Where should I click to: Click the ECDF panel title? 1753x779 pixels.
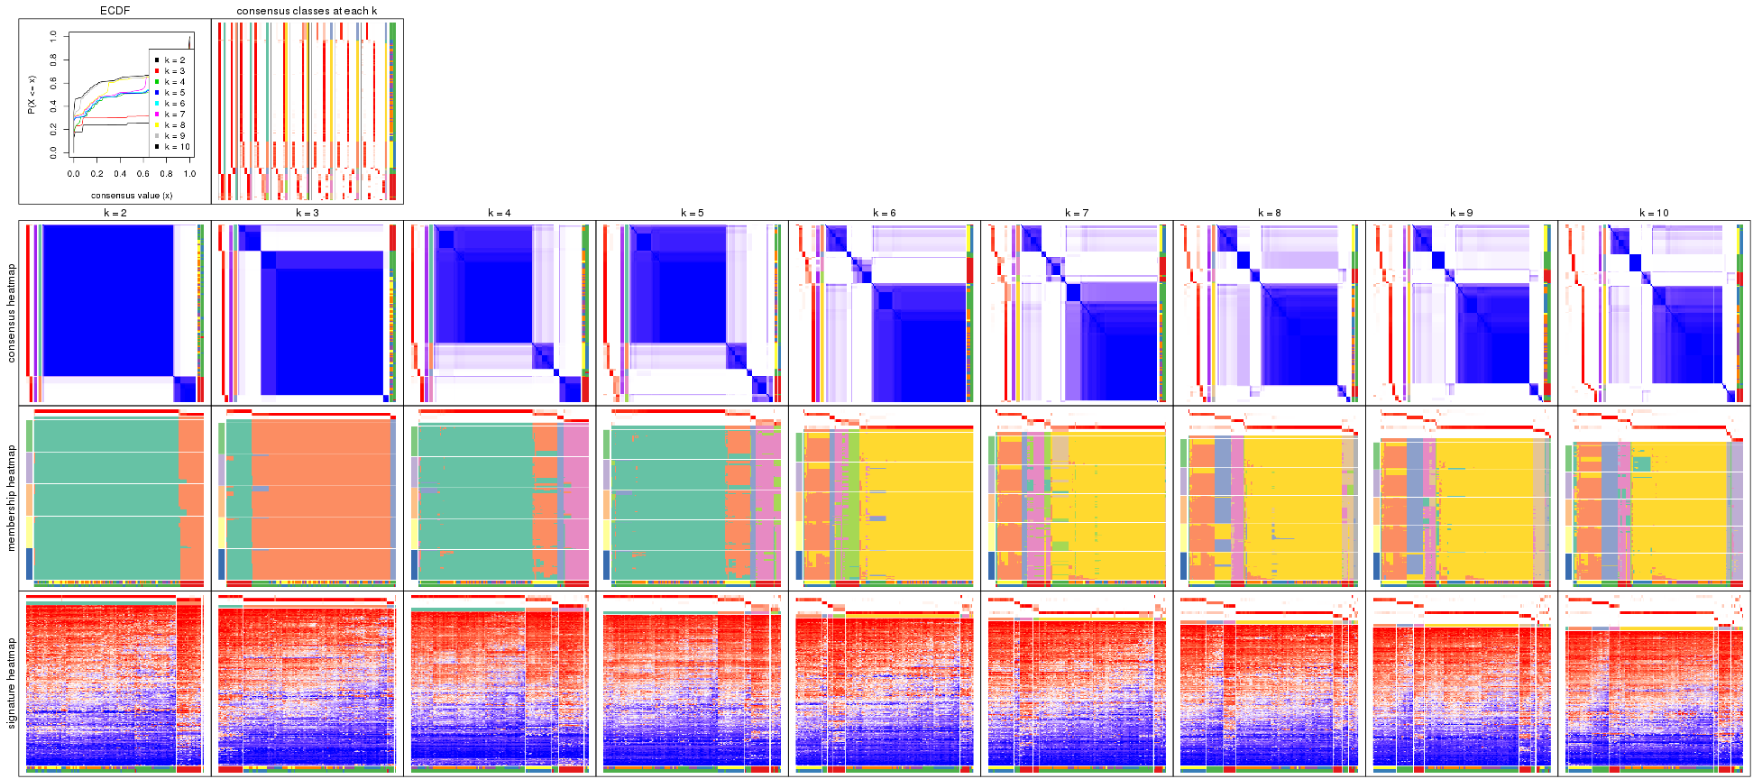coord(115,11)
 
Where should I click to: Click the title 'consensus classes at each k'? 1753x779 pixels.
coord(307,11)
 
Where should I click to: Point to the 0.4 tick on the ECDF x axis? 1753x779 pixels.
coord(120,174)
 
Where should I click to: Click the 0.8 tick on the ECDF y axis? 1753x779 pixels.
coord(54,60)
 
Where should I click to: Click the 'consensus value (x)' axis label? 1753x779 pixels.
coord(132,195)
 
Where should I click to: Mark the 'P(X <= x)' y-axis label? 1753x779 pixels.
coord(31,95)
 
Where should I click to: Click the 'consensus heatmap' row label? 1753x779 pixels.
coord(12,313)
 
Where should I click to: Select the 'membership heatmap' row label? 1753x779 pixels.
coord(12,497)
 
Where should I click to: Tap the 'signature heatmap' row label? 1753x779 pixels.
coord(12,683)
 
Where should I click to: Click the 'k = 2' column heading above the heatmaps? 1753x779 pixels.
coord(115,213)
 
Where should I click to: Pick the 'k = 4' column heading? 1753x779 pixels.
coord(500,213)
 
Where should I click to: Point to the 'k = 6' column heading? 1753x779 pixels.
coord(885,213)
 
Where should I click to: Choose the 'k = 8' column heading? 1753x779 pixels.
coord(1269,213)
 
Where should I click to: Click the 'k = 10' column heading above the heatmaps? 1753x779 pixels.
coord(1654,213)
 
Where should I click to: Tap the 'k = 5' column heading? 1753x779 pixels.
coord(692,213)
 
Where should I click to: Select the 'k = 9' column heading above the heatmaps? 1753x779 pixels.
coord(1462,213)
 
